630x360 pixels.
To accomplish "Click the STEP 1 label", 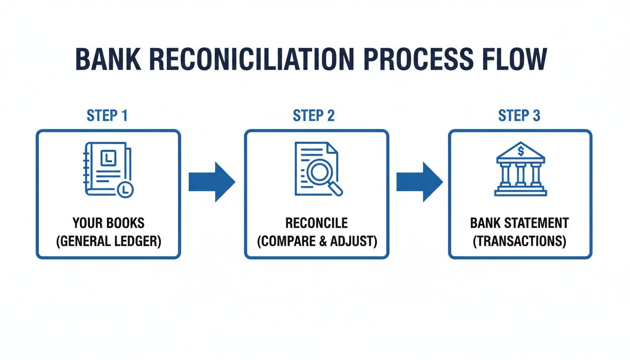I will pos(107,116).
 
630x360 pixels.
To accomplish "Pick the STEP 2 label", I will pos(314,116).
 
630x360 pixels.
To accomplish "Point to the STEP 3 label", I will pos(519,116).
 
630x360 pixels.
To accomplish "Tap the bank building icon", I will pos(520,169).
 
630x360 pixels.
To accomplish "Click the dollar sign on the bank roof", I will pos(520,151).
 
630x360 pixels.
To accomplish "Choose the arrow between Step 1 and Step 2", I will pos(211,182).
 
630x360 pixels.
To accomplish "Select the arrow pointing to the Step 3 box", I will pos(419,182).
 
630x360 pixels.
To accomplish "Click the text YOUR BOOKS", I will pos(108,223).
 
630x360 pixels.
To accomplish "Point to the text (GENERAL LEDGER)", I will pos(108,241).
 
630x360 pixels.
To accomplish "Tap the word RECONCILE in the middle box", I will pos(317,223).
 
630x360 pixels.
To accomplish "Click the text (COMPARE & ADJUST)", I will pos(317,241).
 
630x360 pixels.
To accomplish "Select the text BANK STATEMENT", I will pos(519,223).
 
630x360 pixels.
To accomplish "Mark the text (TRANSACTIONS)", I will pos(519,241).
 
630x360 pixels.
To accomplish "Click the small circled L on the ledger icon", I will pos(125,189).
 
